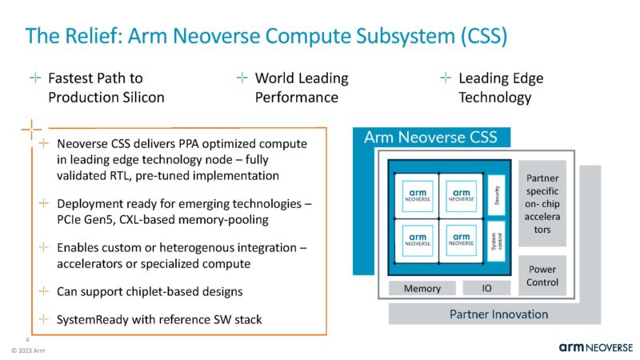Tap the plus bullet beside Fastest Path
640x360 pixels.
pyautogui.click(x=34, y=78)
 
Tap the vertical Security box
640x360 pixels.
pyautogui.click(x=496, y=194)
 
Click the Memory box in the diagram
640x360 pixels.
pyautogui.click(x=422, y=288)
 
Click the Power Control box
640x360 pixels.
pyautogui.click(x=542, y=275)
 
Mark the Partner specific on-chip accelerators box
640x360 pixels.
pyautogui.click(x=542, y=205)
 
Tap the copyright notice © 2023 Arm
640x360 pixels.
pyautogui.click(x=29, y=351)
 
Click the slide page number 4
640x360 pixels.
pyautogui.click(x=27, y=338)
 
